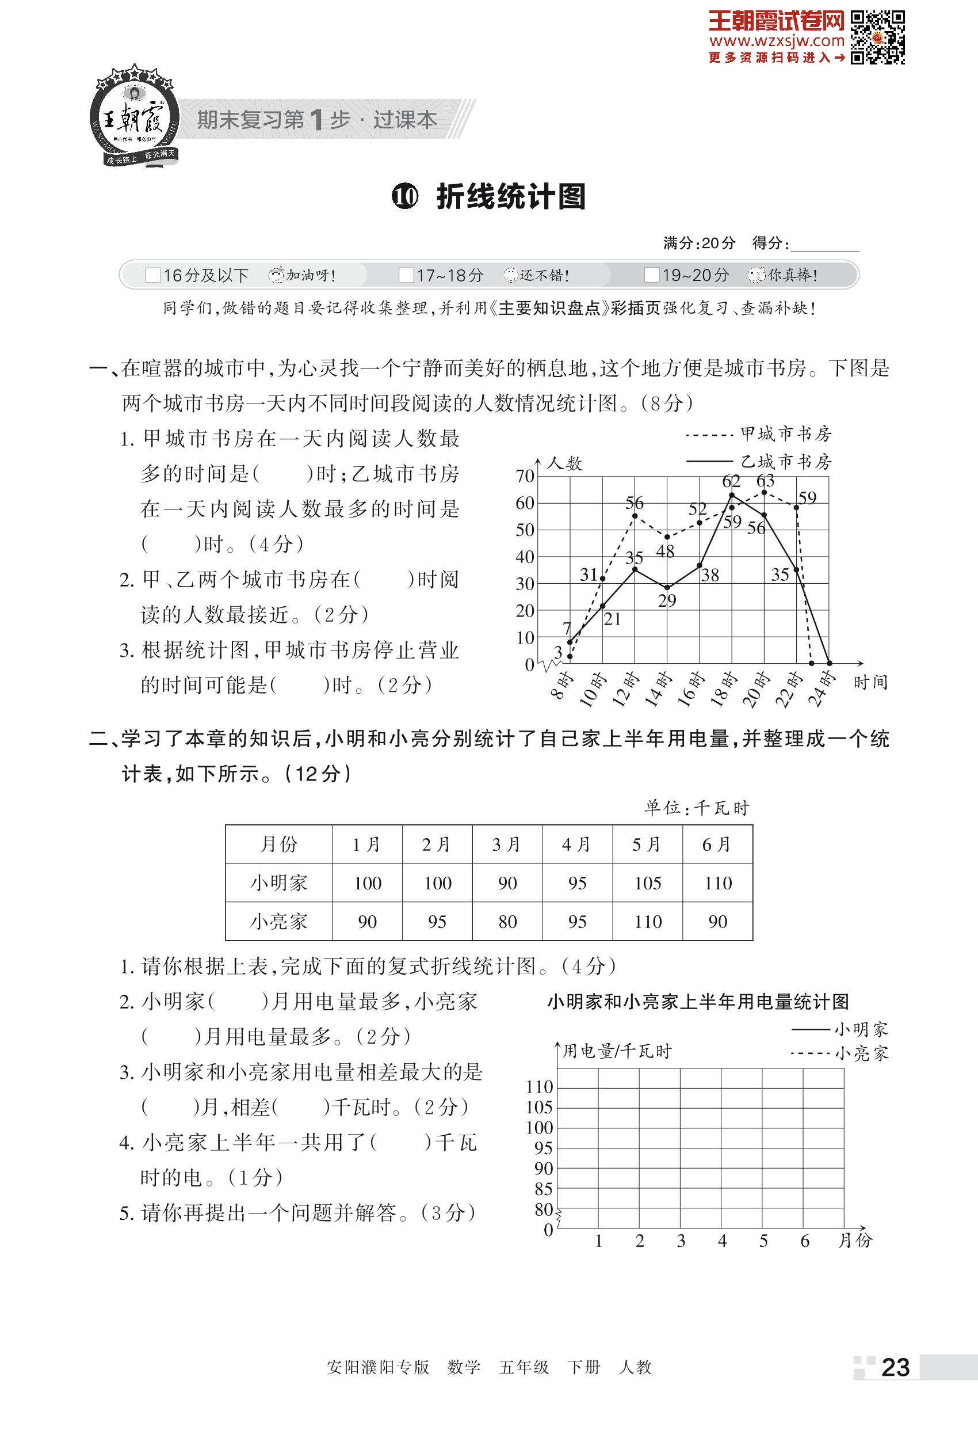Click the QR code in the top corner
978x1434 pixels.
click(x=877, y=37)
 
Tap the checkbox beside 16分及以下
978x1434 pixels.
click(x=152, y=275)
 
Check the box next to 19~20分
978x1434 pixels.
click(x=651, y=275)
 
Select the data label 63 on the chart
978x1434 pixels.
click(x=765, y=480)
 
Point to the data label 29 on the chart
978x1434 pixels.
click(x=667, y=600)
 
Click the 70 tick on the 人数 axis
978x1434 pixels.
click(x=525, y=476)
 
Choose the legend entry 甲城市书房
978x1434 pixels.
click(x=786, y=435)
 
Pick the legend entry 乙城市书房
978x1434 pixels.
click(x=786, y=462)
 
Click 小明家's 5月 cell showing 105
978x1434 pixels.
click(x=647, y=883)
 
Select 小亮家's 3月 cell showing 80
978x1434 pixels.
click(x=507, y=922)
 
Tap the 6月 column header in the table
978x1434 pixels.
click(x=717, y=844)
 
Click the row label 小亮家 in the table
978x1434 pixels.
click(x=278, y=922)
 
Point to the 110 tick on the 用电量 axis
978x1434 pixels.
click(x=540, y=1087)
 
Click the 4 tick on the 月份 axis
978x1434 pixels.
click(x=722, y=1240)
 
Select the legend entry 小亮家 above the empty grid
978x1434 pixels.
click(x=861, y=1053)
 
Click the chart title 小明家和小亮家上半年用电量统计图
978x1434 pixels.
click(x=697, y=1002)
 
